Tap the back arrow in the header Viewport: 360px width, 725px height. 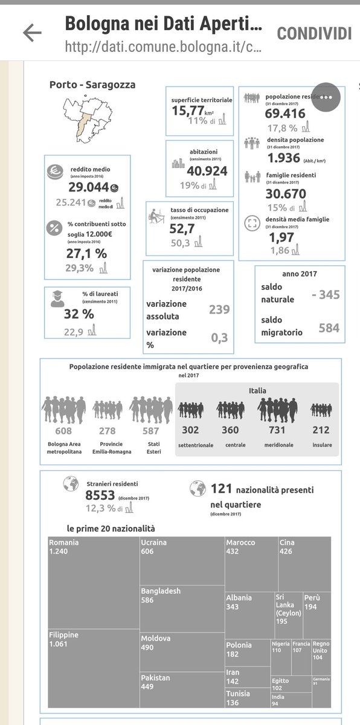pos(31,33)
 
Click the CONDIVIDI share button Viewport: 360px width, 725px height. pos(314,33)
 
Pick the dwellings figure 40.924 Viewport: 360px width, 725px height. pos(199,171)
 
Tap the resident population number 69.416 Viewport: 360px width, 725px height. pos(285,112)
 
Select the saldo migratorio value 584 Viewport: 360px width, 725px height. pos(329,328)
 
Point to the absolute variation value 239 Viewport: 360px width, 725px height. pos(219,309)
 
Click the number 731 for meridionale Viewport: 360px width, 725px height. pos(277,430)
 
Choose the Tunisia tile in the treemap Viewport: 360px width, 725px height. pos(247,698)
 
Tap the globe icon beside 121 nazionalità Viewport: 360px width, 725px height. pos(198,489)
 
